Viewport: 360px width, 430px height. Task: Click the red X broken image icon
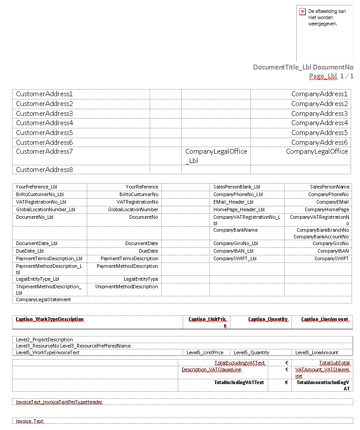(x=303, y=12)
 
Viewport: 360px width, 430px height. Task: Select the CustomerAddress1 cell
(x=44, y=94)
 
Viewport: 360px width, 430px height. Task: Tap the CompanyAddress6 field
(x=319, y=143)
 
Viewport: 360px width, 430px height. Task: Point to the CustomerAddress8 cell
(x=44, y=170)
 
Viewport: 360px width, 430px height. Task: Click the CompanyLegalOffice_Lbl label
(x=216, y=156)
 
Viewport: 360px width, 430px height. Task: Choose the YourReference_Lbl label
(x=37, y=187)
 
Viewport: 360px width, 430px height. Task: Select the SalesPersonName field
(x=329, y=187)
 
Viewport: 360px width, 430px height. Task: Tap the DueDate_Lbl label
(x=30, y=251)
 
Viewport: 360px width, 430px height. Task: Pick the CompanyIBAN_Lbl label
(x=233, y=251)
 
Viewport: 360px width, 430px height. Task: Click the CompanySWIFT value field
(x=331, y=259)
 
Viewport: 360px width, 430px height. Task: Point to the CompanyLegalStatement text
(x=44, y=300)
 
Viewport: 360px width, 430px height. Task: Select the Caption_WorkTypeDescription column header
(x=50, y=319)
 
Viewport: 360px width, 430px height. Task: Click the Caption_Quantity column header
(x=268, y=319)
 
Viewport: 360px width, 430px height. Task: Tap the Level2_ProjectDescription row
(x=45, y=340)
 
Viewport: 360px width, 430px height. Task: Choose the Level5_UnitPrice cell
(x=205, y=353)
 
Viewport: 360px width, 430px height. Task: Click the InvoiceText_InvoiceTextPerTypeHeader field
(x=59, y=402)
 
